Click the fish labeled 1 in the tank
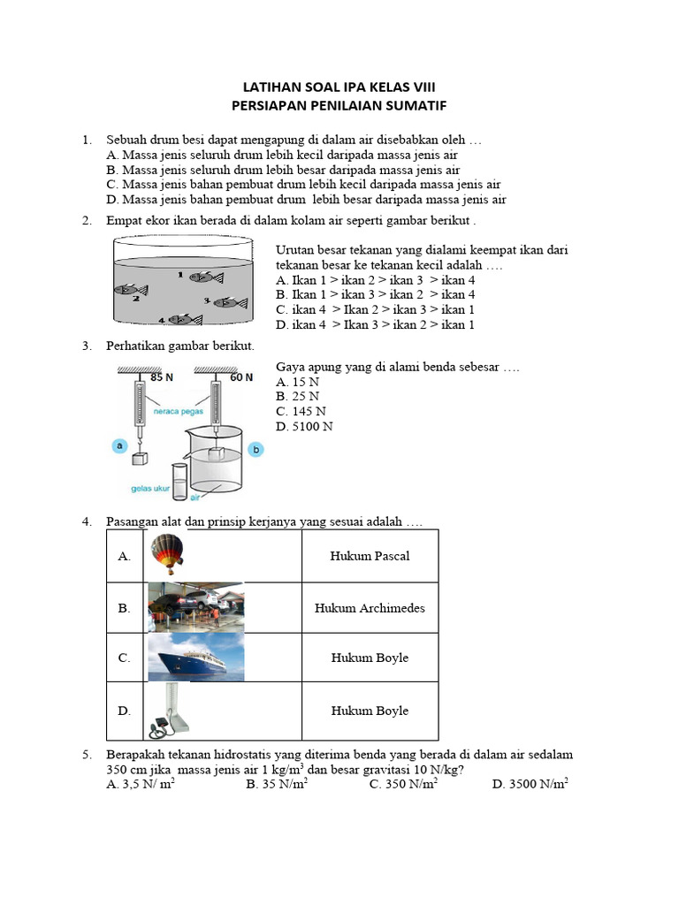[x=206, y=277]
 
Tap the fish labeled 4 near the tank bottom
[x=186, y=319]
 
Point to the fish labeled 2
[x=129, y=289]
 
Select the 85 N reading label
[x=162, y=377]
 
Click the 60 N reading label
[x=241, y=377]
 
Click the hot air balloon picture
[x=167, y=554]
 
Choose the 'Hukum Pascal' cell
[x=370, y=556]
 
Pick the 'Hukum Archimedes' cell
[x=370, y=608]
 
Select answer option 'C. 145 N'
[x=301, y=411]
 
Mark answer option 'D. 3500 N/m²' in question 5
[x=530, y=784]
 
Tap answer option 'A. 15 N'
[x=298, y=382]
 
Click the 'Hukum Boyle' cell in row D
[x=370, y=711]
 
